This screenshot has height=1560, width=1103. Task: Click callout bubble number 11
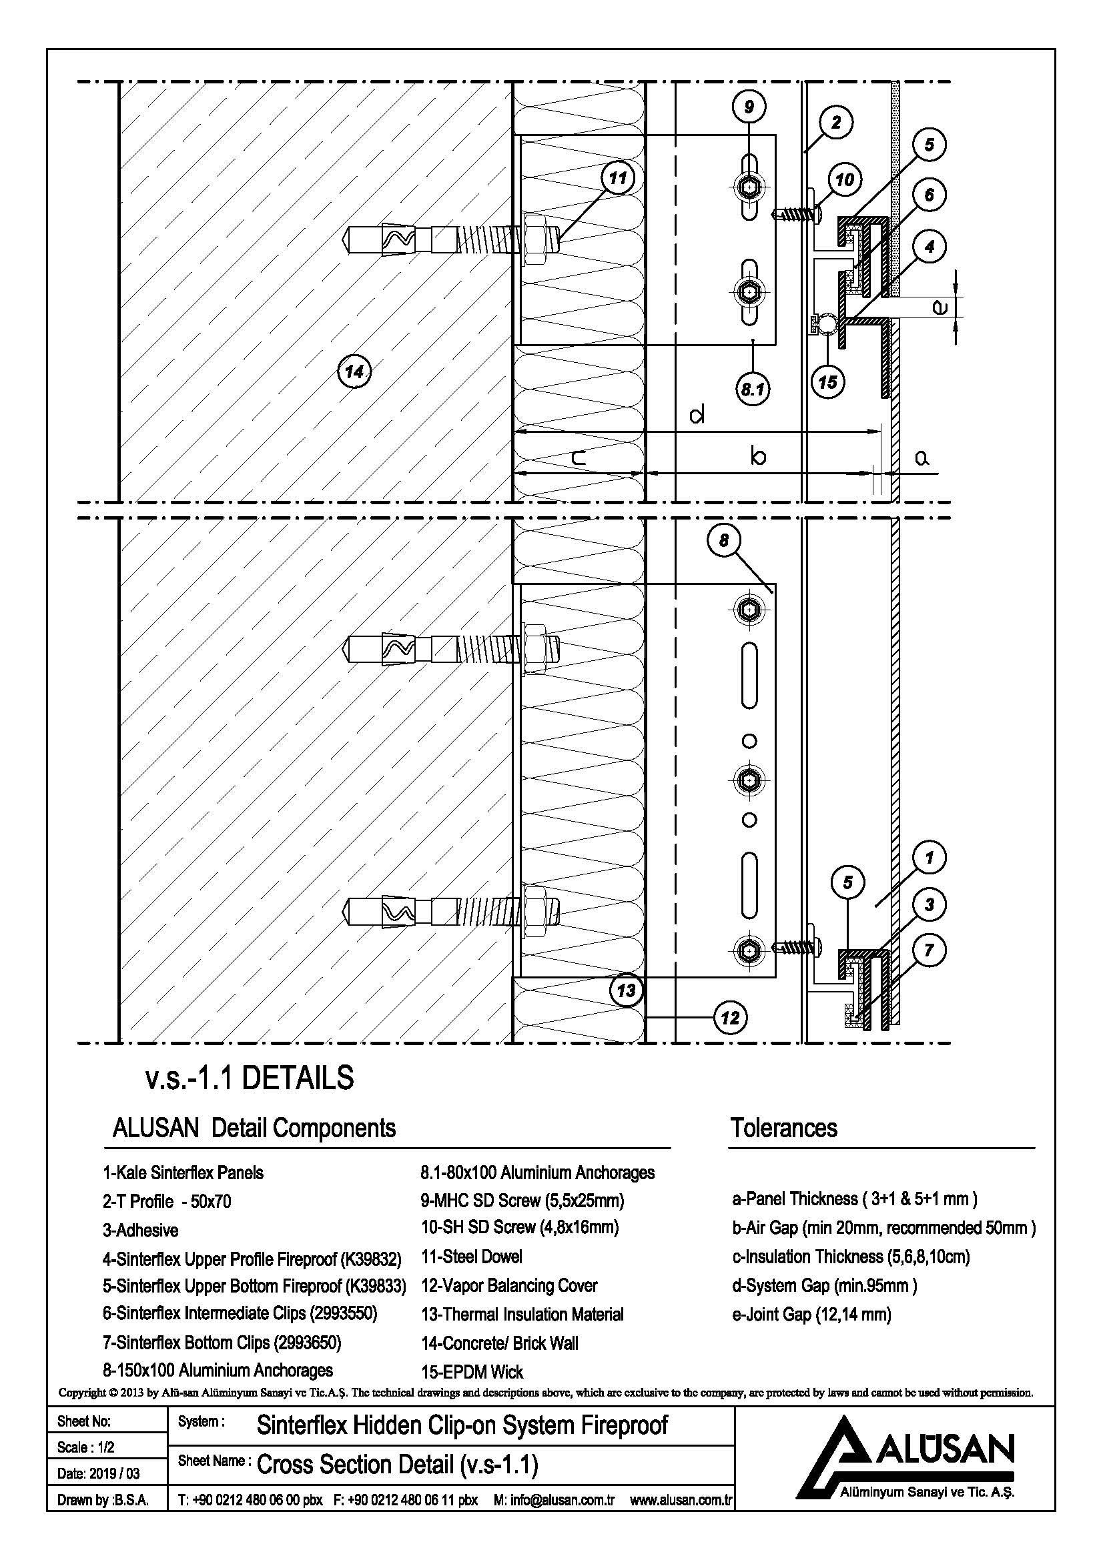point(617,179)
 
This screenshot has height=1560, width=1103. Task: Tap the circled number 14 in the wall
point(354,371)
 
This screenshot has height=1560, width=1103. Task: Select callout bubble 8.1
point(752,389)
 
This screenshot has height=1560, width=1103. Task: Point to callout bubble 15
point(827,382)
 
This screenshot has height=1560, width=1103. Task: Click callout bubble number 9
point(749,106)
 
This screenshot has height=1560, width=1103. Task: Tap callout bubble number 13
point(626,990)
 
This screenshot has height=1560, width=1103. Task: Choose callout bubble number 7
point(929,950)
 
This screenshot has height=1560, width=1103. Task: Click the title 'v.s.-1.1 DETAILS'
point(250,1079)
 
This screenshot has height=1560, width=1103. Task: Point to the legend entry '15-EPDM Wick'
point(472,1371)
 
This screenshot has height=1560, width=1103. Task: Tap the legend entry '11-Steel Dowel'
point(472,1257)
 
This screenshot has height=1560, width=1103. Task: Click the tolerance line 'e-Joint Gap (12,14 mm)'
point(811,1315)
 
